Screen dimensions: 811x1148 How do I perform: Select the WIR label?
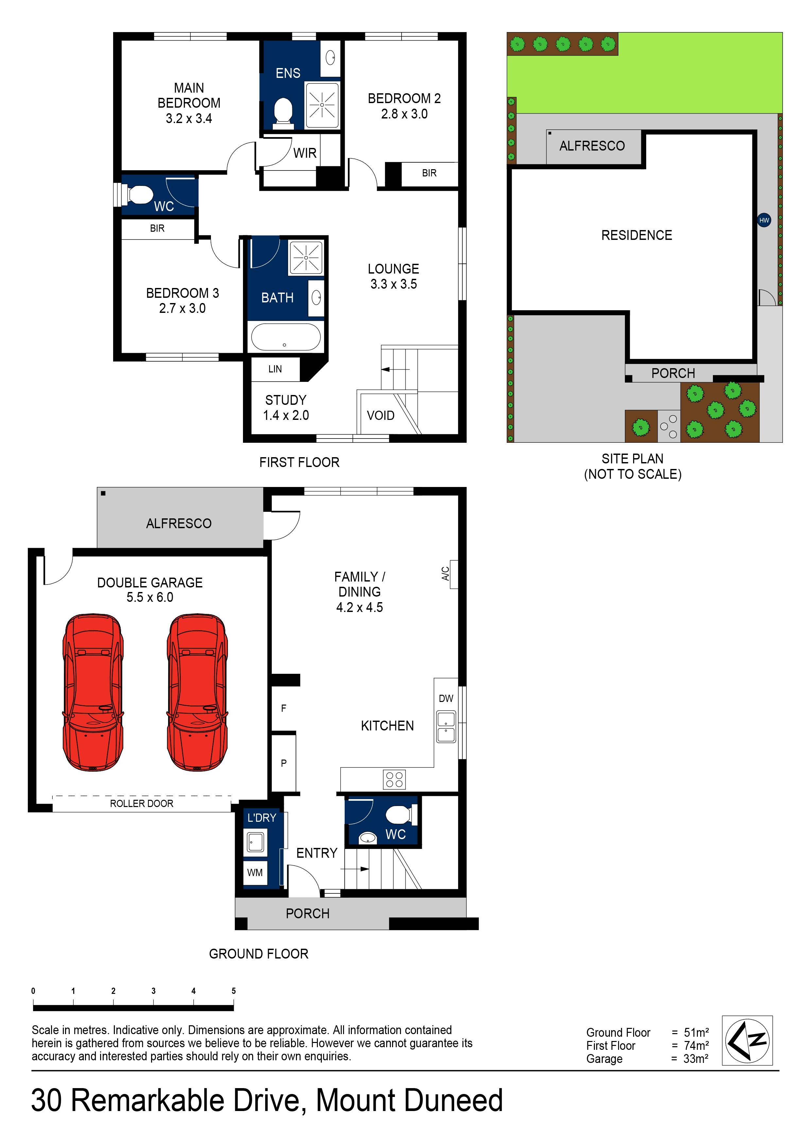click(305, 153)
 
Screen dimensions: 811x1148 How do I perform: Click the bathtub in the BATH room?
click(285, 337)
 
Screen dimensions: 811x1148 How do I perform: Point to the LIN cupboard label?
click(275, 369)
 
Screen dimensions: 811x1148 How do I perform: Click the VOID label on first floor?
click(380, 416)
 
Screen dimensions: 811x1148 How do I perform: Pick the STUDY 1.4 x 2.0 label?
click(286, 407)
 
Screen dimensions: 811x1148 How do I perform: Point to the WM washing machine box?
click(255, 872)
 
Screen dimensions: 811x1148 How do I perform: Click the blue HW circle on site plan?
click(764, 220)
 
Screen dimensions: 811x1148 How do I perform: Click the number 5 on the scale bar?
click(233, 991)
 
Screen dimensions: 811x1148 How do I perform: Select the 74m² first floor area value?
click(696, 1046)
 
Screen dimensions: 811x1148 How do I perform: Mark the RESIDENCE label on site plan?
click(637, 236)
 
